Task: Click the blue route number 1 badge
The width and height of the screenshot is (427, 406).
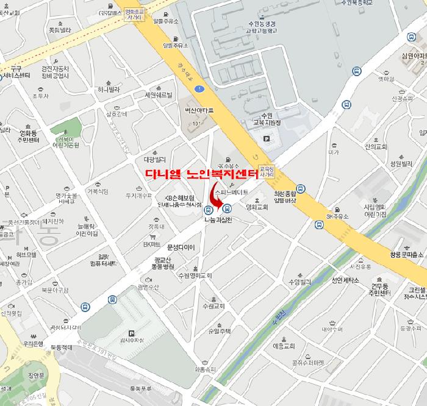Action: (199, 90)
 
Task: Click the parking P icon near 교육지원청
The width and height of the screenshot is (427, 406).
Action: (266, 139)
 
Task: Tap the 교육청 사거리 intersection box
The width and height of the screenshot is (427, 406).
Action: (267, 170)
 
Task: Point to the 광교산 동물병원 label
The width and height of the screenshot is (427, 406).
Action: (164, 263)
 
